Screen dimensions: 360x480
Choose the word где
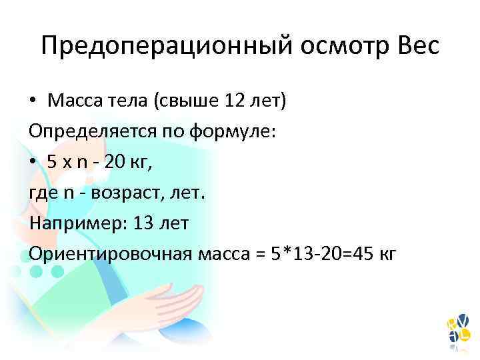point(43,193)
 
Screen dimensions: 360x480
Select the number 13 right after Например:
point(144,223)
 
